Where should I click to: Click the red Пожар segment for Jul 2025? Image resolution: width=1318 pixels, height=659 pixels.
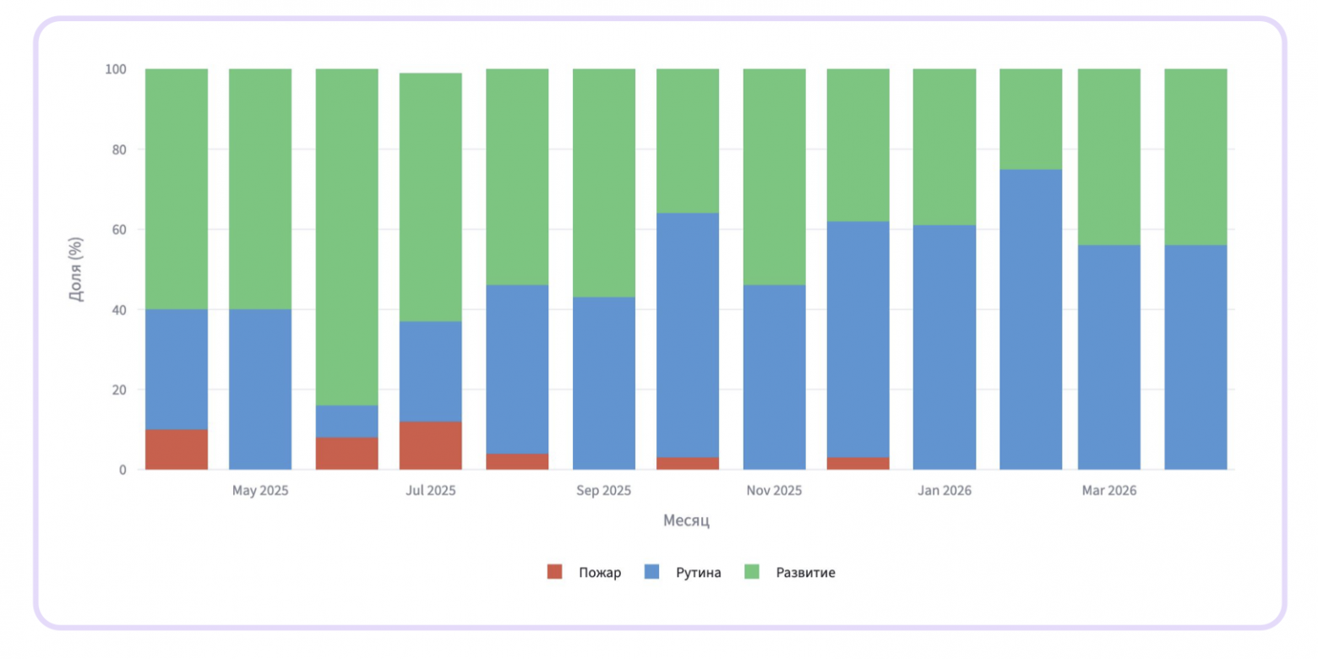pos(431,445)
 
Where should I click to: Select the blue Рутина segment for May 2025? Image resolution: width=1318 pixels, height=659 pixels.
pos(260,389)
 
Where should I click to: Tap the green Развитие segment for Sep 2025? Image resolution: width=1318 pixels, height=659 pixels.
pos(604,183)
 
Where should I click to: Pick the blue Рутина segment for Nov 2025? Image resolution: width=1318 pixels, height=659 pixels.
pos(774,377)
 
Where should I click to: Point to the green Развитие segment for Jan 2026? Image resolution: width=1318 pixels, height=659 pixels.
pos(945,147)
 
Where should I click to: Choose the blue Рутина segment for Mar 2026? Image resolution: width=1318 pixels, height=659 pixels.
pos(1109,357)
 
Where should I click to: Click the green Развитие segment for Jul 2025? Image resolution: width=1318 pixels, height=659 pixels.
pos(431,197)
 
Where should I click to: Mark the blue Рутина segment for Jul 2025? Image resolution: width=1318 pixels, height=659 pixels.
pos(431,371)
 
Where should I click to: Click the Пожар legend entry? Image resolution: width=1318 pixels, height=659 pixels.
pos(584,572)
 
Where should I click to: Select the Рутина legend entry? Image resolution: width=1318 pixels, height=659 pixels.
pos(683,572)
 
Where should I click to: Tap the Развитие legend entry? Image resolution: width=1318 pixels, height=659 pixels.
pos(790,572)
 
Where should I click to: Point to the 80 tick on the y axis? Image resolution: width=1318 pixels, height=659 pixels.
pos(119,150)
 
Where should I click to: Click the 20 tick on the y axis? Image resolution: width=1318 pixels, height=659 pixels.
pos(119,389)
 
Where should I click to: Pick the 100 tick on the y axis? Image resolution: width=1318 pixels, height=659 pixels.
pos(116,68)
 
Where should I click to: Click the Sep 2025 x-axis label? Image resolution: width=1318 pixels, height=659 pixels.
pos(604,490)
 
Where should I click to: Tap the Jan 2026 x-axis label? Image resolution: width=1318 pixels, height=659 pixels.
pos(945,490)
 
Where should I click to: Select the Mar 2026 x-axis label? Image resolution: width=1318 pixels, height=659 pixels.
pos(1109,490)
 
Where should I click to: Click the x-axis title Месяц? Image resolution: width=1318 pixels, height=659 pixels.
pos(686,520)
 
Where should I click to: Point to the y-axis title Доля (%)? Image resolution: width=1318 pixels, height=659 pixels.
pos(77,269)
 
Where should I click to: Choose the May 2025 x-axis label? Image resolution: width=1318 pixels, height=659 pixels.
pos(260,490)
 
